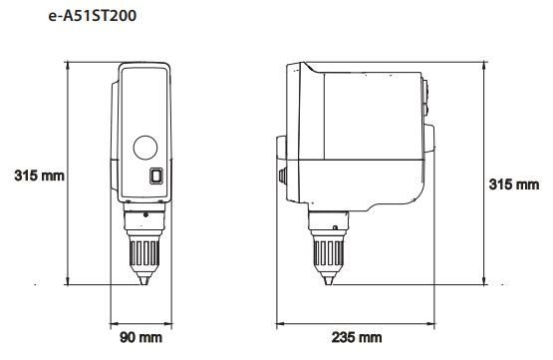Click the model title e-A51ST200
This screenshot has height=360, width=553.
(x=93, y=16)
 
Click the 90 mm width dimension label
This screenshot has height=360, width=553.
(x=140, y=337)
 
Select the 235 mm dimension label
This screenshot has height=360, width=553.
(x=357, y=337)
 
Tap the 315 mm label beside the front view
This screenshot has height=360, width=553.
(x=39, y=176)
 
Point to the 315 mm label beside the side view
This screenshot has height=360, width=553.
(x=514, y=184)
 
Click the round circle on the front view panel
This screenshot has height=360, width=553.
(x=145, y=148)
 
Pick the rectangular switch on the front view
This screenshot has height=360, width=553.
(x=156, y=176)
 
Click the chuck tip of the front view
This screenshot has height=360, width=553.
(x=143, y=280)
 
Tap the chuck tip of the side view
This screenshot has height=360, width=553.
(x=329, y=280)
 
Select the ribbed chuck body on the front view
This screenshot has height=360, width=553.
(x=144, y=252)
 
